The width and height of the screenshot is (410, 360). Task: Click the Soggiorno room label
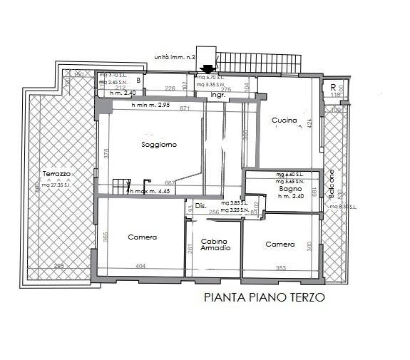click(159, 145)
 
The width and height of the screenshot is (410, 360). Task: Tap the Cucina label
click(285, 121)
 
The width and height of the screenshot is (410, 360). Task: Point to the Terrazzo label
click(56, 175)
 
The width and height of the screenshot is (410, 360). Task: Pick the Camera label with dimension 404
click(143, 237)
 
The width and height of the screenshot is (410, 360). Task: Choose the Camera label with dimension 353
click(280, 245)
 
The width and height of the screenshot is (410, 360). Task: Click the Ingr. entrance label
click(217, 94)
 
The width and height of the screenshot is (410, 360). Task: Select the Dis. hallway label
click(200, 207)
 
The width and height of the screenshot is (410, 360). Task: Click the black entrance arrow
click(207, 69)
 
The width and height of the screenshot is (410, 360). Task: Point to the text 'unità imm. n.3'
click(174, 57)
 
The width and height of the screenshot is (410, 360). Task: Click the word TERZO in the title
click(307, 298)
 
